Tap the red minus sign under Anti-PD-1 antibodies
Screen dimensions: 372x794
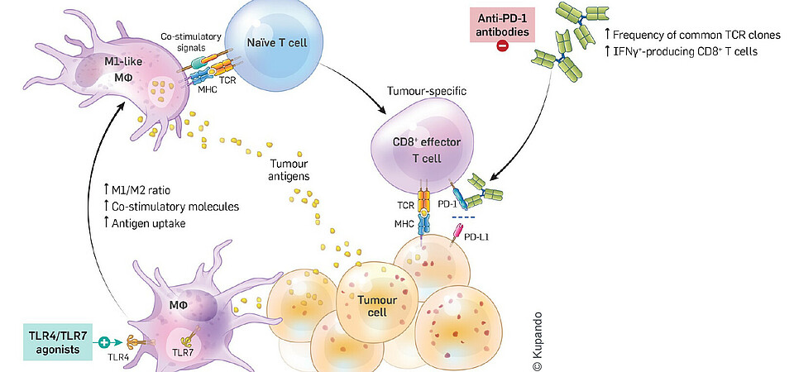coord(502,49)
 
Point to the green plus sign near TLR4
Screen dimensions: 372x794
coord(104,341)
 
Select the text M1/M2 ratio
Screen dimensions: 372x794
coord(146,190)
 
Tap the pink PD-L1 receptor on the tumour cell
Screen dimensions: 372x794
coord(457,234)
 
